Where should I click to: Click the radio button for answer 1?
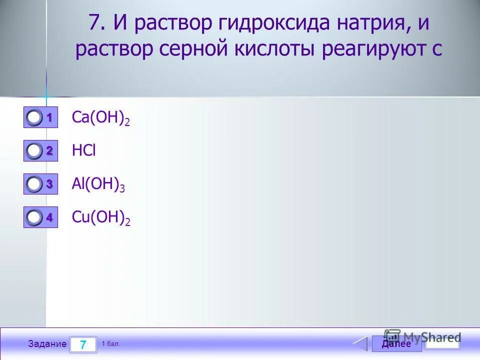pos(34,118)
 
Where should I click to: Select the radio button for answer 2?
pos(34,150)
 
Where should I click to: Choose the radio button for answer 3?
pos(34,184)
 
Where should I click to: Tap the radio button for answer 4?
pos(34,217)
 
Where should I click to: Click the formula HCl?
pos(83,150)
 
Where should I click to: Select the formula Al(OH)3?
pos(98,184)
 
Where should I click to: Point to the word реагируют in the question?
pos(378,50)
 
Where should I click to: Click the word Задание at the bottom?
pos(47,344)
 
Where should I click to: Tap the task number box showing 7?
pos(83,344)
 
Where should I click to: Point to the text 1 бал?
pos(110,344)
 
